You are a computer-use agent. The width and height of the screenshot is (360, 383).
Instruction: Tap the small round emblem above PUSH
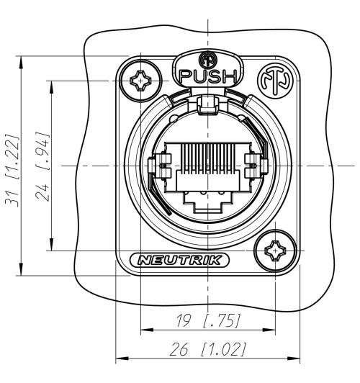click(x=208, y=60)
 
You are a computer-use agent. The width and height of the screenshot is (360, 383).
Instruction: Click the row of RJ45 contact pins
click(x=207, y=160)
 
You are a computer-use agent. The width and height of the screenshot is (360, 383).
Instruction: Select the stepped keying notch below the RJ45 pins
click(x=207, y=196)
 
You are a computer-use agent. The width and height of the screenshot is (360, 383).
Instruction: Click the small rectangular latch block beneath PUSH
click(x=207, y=105)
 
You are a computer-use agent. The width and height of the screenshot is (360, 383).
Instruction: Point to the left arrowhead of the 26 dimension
click(x=120, y=359)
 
